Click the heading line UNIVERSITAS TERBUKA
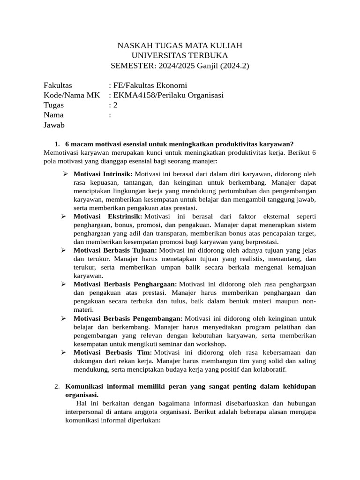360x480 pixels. [x=180, y=55]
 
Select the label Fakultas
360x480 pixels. [x=58, y=85]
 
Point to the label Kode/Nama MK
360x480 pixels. [x=72, y=95]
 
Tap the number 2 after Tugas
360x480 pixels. [x=115, y=105]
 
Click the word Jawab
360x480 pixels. [x=54, y=125]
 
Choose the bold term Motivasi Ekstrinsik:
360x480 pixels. [x=108, y=217]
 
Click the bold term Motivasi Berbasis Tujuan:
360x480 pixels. [x=115, y=250]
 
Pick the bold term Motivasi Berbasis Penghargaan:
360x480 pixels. [x=125, y=284]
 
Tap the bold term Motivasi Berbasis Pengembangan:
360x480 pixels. [x=128, y=318]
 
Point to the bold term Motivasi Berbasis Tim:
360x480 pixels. [x=112, y=352]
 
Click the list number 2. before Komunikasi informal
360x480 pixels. [x=57, y=386]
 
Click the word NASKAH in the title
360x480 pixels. [x=133, y=45]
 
